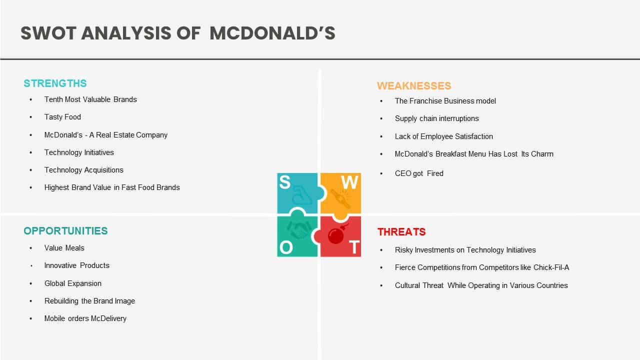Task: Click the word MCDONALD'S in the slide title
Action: coord(272,33)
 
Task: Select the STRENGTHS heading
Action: coord(55,83)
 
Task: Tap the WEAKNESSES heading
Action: coord(414,85)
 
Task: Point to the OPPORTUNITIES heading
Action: coord(65,231)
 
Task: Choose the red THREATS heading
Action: coord(401,231)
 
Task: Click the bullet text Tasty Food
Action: coord(62,117)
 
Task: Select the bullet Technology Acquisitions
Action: coord(83,170)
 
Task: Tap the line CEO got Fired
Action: coord(419,173)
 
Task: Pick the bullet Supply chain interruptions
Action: coord(437,118)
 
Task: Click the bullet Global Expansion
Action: coord(73,283)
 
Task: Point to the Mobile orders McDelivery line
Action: coord(85,318)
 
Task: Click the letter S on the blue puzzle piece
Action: coord(285,182)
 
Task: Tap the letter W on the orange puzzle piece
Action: coord(349,182)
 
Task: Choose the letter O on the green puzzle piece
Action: coord(286,247)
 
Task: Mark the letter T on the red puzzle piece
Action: coord(354,247)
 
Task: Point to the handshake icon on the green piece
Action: coord(299,230)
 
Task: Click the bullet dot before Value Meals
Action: coord(31,248)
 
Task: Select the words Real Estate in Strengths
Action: coord(115,135)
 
